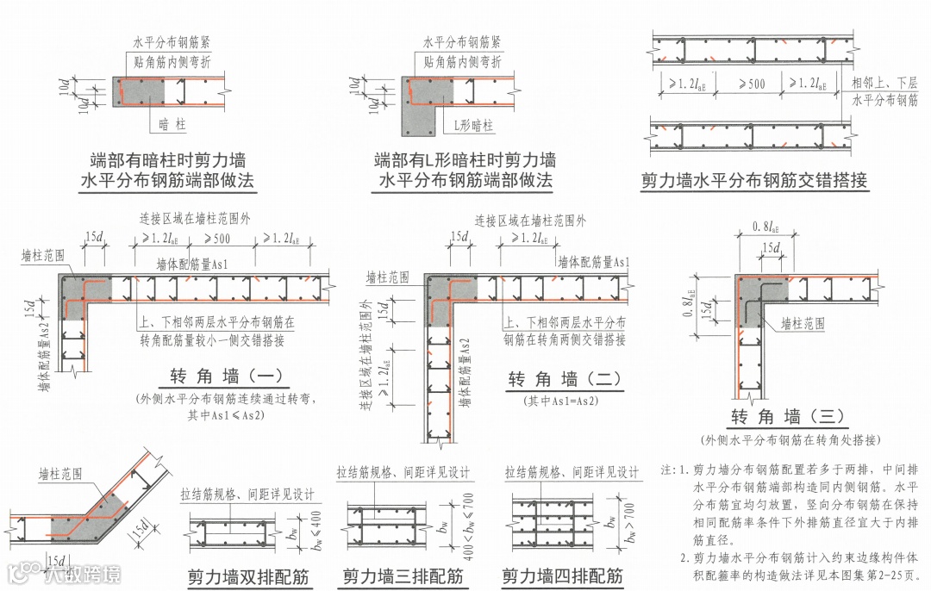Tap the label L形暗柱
click(474, 126)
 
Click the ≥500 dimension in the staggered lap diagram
click(753, 84)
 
